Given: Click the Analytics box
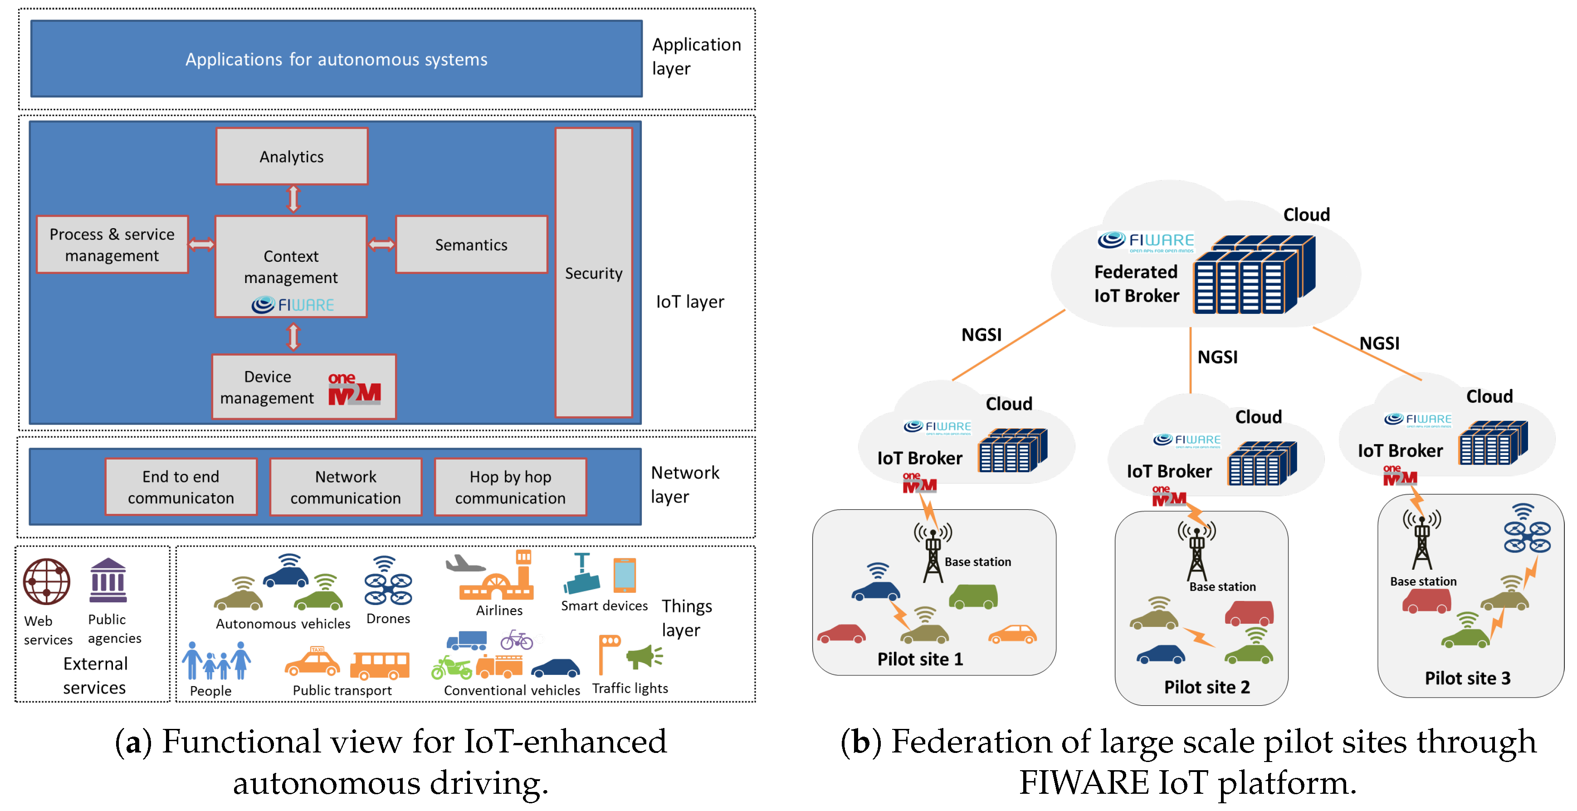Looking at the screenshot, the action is click(291, 156).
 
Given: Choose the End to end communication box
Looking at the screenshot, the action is click(181, 487).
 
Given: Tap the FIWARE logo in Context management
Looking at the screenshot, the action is click(293, 304).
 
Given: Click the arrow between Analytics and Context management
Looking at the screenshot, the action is click(293, 200).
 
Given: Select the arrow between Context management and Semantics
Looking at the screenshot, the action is click(381, 245).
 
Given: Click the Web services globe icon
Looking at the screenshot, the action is click(47, 581).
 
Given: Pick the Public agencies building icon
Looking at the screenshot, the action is click(108, 580).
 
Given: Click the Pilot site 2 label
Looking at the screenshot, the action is click(1206, 687).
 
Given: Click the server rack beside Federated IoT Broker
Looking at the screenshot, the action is click(1254, 274).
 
